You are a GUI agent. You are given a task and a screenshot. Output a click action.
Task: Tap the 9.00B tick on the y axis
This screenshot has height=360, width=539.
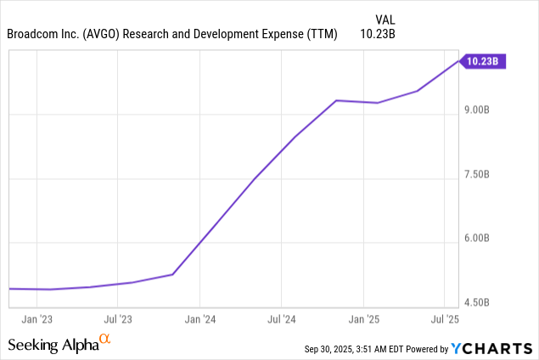[476, 110]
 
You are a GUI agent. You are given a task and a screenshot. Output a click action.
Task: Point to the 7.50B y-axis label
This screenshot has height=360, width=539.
[476, 175]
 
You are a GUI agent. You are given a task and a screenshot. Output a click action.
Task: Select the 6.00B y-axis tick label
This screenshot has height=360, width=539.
[476, 239]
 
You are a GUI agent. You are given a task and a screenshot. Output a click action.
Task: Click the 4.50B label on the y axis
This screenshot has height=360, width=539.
[476, 302]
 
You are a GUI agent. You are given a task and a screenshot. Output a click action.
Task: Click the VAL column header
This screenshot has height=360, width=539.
[386, 19]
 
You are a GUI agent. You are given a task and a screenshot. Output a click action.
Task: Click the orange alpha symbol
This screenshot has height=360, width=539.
[104, 340]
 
